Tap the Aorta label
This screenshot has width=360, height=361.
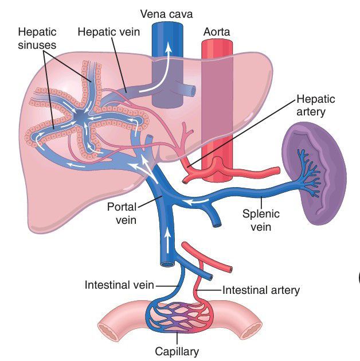point(217,32)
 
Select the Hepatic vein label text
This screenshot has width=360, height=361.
point(109,32)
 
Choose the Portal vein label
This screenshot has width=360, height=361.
point(122,213)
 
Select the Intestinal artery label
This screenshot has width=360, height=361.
point(260,290)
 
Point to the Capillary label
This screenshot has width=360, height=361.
point(177,351)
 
